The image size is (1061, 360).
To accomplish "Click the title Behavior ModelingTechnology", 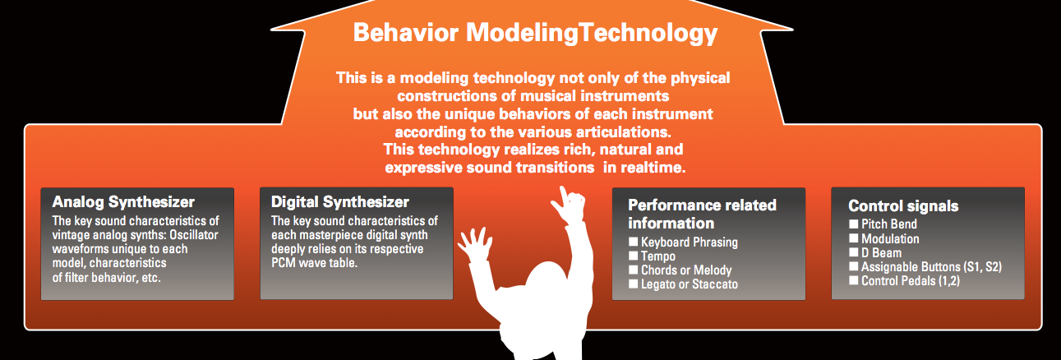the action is pos(535,33).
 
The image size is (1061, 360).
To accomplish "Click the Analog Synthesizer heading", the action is pos(123,202).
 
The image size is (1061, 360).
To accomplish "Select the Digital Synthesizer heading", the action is pos(340,202).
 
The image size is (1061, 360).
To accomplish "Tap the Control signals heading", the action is pos(903,206).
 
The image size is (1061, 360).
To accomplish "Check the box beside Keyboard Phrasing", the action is pos(634,242).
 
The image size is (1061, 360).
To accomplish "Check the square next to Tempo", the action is pos(634,256).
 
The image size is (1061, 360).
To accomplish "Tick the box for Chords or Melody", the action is pos(634,270).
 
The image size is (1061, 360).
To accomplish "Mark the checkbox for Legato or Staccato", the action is pos(634,284).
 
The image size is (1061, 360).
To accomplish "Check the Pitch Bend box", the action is pos(854,224).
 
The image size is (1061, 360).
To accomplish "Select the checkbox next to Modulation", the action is pos(854,238).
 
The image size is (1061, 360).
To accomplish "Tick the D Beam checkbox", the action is pos(854,252).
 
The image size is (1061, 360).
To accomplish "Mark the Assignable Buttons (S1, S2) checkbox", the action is pos(854,266).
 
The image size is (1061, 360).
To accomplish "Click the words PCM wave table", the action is pos(314,263).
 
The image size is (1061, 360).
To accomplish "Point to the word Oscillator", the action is pos(194,235).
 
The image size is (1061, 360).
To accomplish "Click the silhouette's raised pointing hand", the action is pos(570,205).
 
